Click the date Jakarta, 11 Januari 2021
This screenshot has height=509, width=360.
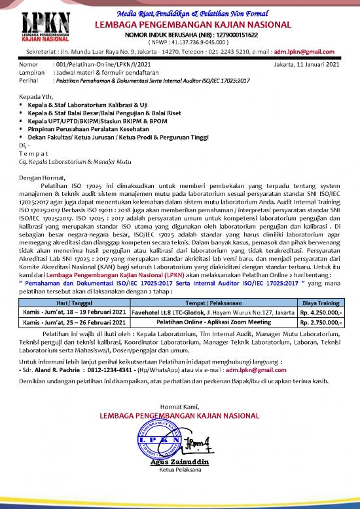click(x=308, y=65)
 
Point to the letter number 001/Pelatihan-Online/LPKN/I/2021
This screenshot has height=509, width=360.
click(x=103, y=65)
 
